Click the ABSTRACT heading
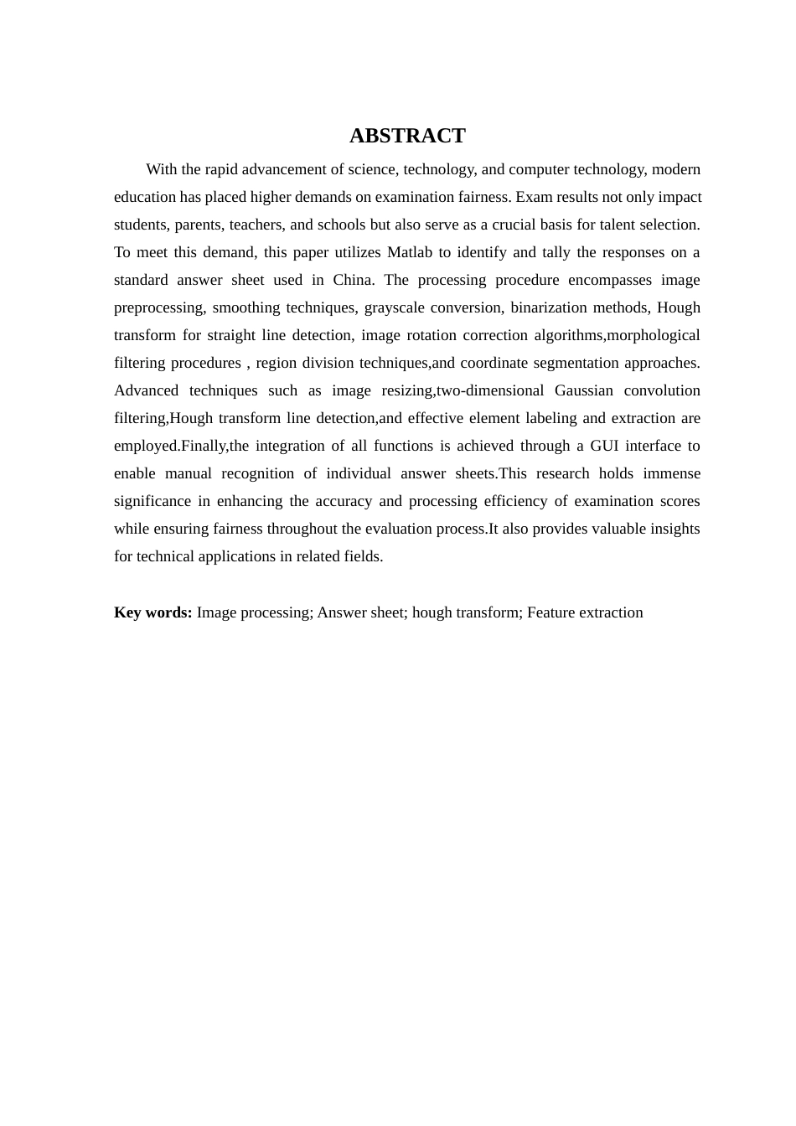click(407, 136)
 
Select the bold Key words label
click(153, 612)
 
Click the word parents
click(197, 225)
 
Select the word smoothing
click(247, 307)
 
